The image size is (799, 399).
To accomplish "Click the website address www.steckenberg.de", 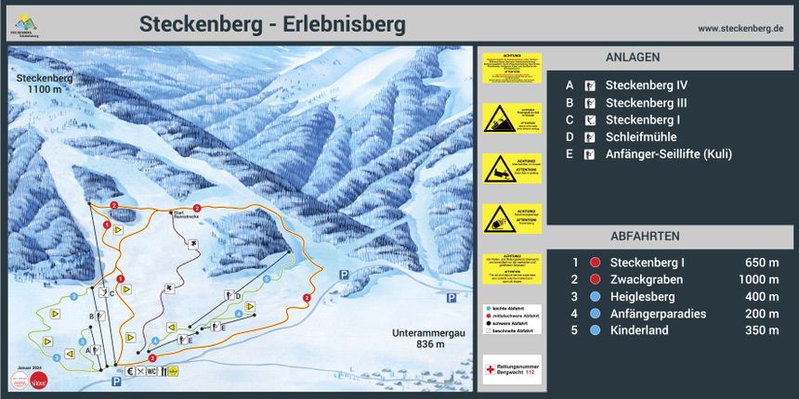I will [x=740, y=29].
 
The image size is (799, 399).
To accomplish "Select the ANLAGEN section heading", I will [x=633, y=57].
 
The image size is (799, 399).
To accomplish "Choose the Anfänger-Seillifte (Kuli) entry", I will [x=669, y=154].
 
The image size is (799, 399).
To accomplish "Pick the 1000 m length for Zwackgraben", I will [x=757, y=279].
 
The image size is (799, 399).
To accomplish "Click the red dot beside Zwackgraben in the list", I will [x=595, y=279].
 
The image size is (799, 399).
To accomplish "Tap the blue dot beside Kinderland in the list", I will [x=595, y=330].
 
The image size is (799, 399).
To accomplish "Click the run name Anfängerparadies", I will [x=658, y=314].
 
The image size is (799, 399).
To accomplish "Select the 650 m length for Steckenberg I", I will [x=762, y=263].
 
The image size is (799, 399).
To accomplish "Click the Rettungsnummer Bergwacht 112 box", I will [x=512, y=368].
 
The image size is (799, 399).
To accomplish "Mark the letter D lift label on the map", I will [x=238, y=296].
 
